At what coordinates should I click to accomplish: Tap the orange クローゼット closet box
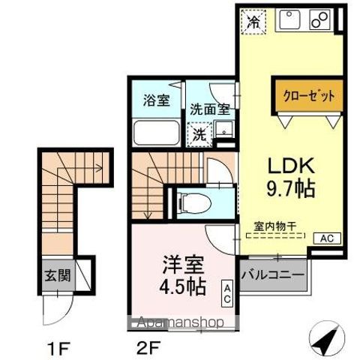tap(308, 96)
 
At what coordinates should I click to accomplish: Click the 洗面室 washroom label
tap(208, 109)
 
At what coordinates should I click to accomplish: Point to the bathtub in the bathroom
tap(156, 133)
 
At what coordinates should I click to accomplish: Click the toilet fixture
tap(201, 201)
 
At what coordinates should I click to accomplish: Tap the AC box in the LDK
tap(327, 238)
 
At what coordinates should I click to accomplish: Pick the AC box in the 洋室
tap(226, 293)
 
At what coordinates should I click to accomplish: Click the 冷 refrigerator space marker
tap(254, 21)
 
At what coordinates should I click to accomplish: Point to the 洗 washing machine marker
tap(199, 136)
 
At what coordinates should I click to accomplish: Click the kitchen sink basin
tap(289, 19)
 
